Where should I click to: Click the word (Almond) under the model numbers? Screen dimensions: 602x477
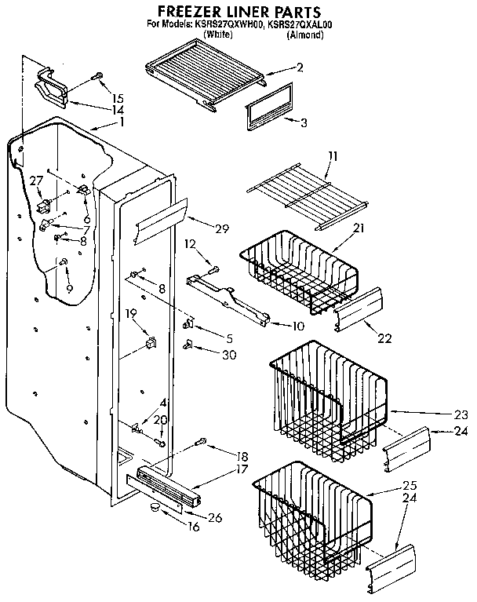click(x=306, y=35)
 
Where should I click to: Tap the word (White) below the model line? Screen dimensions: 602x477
click(x=217, y=35)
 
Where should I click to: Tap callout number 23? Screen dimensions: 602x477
click(x=460, y=414)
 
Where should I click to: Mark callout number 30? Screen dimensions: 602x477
click(x=228, y=353)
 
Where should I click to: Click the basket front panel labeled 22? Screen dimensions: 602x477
click(x=358, y=308)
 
